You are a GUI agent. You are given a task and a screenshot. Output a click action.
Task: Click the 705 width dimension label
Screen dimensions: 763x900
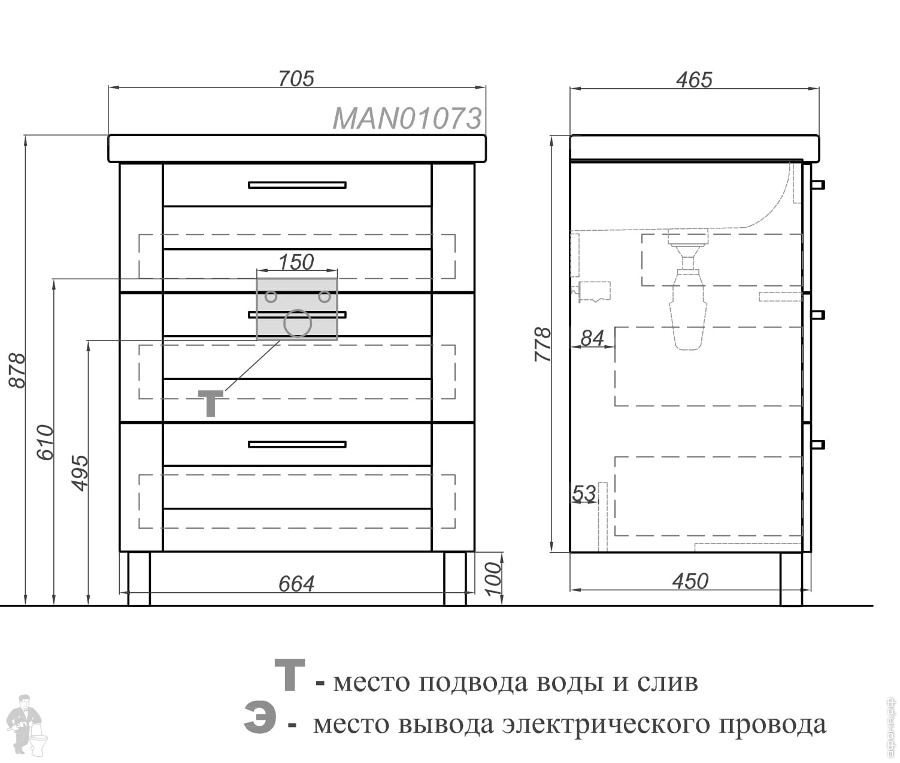click(x=296, y=79)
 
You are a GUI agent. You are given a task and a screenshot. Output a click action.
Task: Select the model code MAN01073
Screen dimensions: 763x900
click(x=407, y=119)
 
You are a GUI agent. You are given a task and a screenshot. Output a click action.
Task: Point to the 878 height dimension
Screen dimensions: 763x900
click(x=18, y=370)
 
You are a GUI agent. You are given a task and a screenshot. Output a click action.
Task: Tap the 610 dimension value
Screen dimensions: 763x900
click(x=46, y=442)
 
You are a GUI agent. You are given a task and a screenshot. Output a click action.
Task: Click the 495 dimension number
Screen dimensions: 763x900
click(x=80, y=472)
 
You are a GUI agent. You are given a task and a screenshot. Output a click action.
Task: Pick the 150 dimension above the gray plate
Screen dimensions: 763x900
click(x=296, y=262)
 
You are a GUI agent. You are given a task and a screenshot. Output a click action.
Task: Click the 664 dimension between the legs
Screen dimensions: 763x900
click(x=296, y=583)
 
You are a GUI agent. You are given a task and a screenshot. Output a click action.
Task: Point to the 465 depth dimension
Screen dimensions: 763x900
click(x=694, y=80)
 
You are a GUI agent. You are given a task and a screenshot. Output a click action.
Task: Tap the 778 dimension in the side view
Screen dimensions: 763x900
click(x=543, y=343)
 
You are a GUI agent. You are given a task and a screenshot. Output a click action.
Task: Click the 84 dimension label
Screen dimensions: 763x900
click(x=592, y=338)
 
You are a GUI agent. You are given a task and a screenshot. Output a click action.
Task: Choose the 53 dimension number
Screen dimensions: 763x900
click(x=584, y=493)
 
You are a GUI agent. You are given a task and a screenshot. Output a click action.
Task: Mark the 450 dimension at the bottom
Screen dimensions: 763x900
click(x=690, y=581)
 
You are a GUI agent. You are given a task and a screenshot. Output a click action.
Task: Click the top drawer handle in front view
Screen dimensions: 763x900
click(x=297, y=185)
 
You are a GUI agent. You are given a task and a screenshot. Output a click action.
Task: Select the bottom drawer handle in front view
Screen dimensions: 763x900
click(x=297, y=444)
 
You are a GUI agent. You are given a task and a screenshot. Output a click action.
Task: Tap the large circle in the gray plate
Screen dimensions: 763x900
click(x=297, y=324)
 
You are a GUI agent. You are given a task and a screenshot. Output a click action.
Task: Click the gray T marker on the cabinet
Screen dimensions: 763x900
click(x=211, y=403)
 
